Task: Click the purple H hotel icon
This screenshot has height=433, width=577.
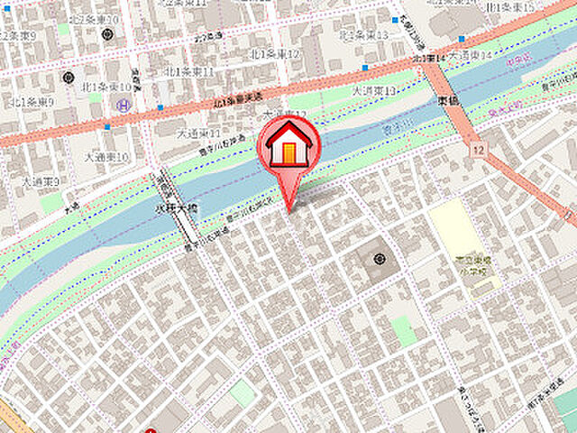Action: coord(122,106)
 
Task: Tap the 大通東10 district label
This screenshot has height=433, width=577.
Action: coord(106,156)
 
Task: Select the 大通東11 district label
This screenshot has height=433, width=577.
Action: coord(198,133)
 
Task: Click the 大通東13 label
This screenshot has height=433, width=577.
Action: coord(374,91)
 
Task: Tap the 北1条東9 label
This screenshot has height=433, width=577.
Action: coord(32,102)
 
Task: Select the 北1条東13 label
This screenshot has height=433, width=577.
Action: coord(363,35)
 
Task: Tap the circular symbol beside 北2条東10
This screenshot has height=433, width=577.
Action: coord(108,35)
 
